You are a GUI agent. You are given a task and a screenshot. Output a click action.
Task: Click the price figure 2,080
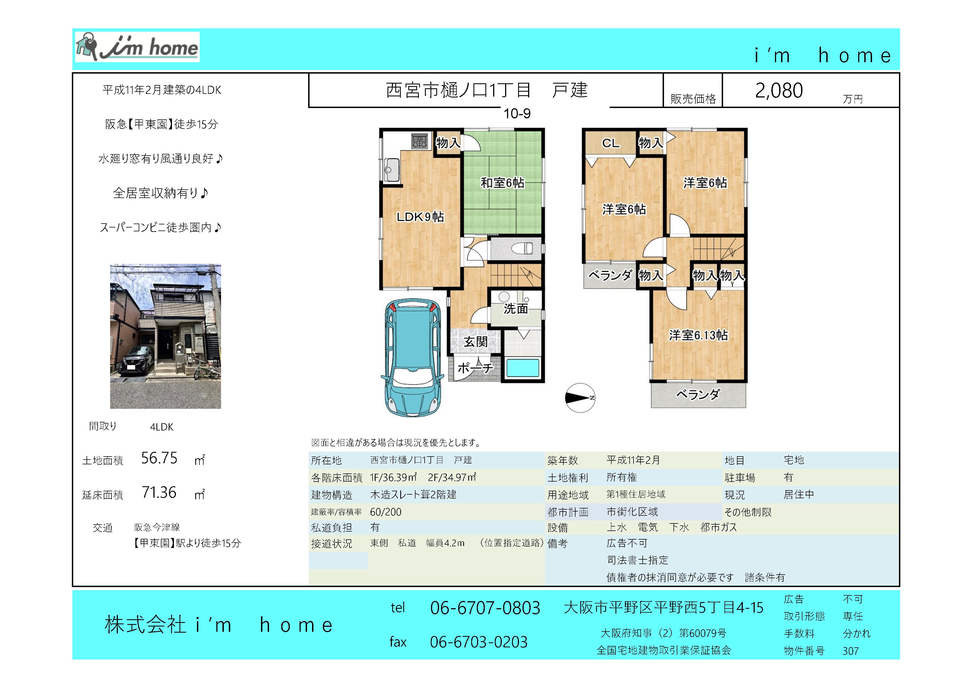tap(779, 90)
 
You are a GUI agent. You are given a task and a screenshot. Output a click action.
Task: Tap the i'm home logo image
tap(137, 47)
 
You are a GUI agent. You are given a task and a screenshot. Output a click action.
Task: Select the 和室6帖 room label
tap(502, 183)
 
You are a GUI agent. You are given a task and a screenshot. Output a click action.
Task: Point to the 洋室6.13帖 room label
tap(698, 335)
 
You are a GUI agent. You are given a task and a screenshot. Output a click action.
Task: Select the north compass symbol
tap(580, 398)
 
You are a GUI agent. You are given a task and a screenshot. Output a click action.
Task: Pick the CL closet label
tap(611, 143)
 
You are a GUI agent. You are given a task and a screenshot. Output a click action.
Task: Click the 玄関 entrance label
tap(475, 342)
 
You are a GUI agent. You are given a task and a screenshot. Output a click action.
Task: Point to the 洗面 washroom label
tap(516, 309)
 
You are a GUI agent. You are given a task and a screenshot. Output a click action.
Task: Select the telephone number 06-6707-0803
tap(485, 608)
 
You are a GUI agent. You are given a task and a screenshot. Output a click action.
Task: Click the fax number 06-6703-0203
tap(479, 642)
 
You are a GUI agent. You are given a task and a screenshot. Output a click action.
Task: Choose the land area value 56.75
tap(159, 458)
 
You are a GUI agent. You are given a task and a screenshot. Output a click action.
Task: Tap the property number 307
tap(850, 651)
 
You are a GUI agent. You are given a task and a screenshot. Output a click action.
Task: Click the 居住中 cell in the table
tap(799, 495)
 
